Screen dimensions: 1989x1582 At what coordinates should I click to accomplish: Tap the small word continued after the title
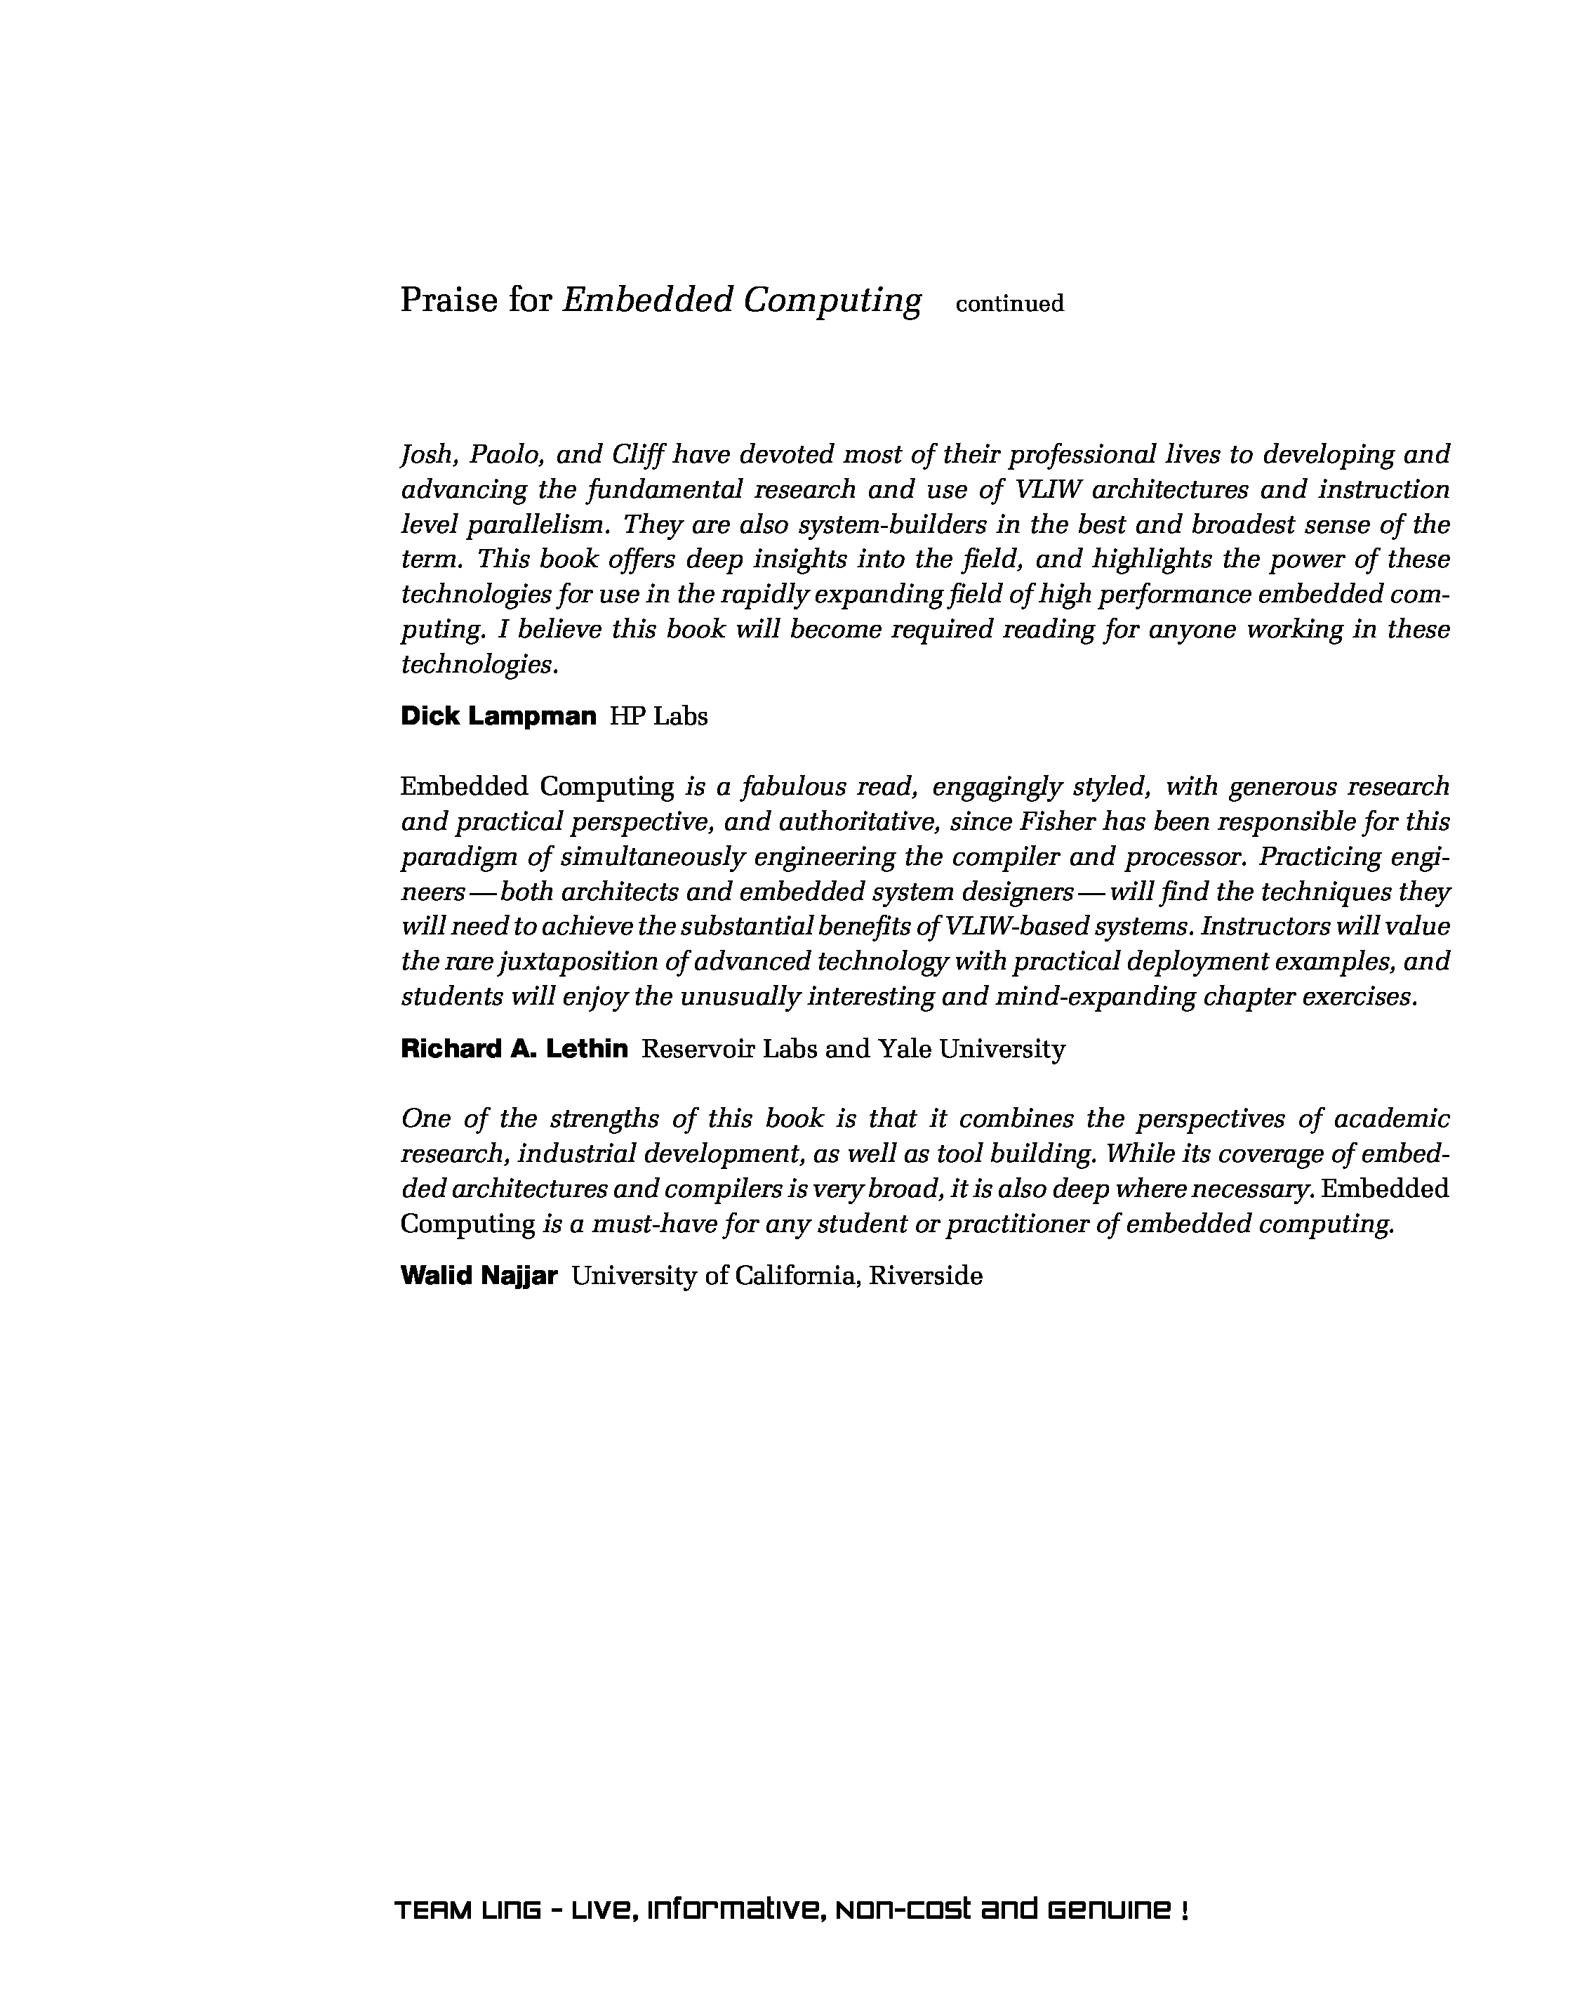coord(1009,303)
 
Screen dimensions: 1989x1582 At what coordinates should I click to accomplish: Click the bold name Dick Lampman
coord(498,716)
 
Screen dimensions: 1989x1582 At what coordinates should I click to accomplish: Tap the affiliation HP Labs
coord(658,717)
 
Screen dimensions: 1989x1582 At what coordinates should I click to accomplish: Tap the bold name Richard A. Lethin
coord(514,1048)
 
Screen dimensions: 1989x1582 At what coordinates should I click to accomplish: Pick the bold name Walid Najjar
coord(479,1275)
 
